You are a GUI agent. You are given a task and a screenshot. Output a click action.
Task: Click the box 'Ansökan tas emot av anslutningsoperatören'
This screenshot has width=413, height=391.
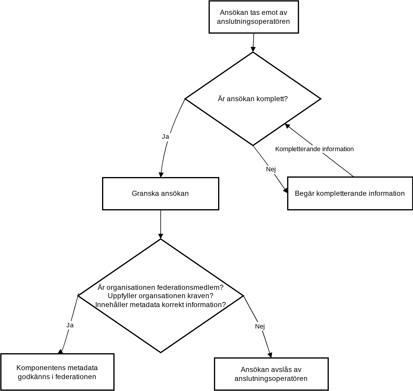[x=254, y=17]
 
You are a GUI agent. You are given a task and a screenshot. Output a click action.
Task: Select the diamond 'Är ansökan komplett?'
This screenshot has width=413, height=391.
[x=253, y=99]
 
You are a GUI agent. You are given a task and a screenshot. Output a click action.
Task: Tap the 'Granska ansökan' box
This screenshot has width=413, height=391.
[x=160, y=193]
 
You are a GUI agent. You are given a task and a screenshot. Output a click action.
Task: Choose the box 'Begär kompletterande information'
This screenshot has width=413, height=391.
[x=350, y=193]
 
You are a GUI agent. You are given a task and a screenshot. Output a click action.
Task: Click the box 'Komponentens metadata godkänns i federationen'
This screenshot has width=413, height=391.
[x=57, y=372]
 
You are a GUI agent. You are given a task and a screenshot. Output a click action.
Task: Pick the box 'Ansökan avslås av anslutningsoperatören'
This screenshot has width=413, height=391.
[x=271, y=374]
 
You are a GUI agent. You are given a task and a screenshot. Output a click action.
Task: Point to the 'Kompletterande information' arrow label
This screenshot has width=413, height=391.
[x=314, y=149]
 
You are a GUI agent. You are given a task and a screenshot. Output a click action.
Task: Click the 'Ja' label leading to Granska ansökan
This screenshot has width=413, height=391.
[x=165, y=137]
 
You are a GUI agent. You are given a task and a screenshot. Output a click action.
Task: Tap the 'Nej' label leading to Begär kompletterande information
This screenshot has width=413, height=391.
[x=271, y=169]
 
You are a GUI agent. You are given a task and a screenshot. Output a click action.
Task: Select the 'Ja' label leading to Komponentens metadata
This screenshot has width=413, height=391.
[x=70, y=325]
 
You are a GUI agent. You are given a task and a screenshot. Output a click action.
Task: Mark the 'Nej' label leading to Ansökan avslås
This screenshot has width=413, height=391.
[x=260, y=326]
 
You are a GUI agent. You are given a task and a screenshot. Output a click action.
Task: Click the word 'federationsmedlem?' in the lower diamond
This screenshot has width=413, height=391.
[x=190, y=287]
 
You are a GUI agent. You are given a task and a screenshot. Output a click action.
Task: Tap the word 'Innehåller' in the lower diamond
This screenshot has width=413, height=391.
[x=112, y=305]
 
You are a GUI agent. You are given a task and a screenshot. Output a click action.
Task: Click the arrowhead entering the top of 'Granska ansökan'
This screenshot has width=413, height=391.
[x=161, y=175]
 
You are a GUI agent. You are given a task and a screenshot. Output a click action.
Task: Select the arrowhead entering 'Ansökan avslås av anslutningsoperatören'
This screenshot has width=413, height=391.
[x=270, y=355]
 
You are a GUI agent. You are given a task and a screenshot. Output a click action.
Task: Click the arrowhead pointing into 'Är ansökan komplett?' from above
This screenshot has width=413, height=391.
[x=253, y=49]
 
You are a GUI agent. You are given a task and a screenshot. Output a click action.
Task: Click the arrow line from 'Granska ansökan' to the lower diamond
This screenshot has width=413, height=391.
[x=161, y=224]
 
